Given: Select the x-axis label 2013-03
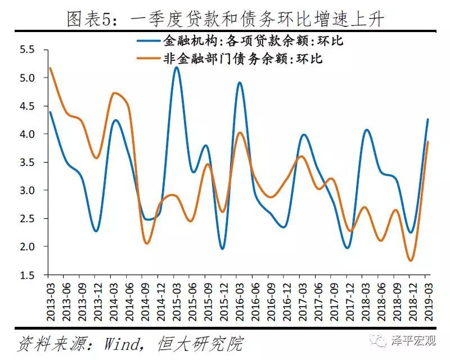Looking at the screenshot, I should click(50, 299).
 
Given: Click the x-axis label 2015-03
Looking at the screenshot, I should click(176, 299).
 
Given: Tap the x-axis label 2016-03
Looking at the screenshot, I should click(239, 299).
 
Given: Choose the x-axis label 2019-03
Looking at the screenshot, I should click(428, 299).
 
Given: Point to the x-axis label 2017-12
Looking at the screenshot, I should click(349, 299).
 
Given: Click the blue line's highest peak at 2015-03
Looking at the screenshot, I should click(177, 67).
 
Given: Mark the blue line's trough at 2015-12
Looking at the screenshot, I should click(223, 249).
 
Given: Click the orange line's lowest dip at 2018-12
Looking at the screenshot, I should click(411, 260).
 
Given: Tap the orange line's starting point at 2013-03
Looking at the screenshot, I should click(51, 68).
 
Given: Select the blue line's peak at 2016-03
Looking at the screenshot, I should click(240, 83).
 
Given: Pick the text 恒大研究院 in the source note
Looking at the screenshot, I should click(208, 343).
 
